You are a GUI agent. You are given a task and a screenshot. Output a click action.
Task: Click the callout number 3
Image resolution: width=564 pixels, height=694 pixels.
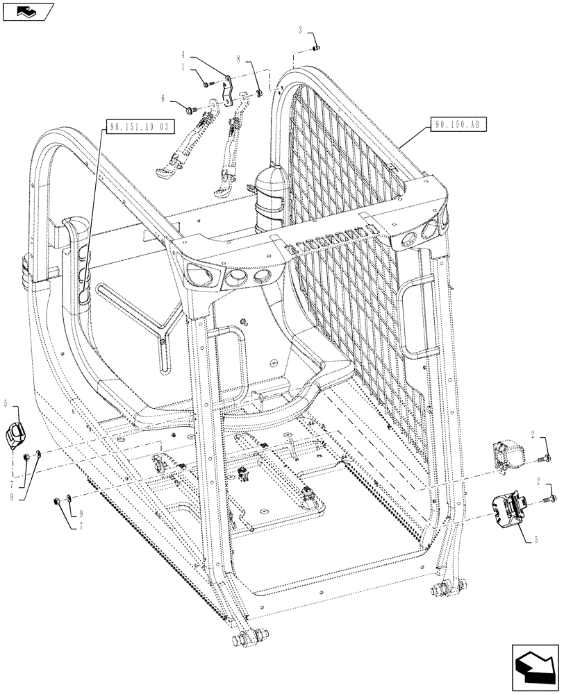point(301,31)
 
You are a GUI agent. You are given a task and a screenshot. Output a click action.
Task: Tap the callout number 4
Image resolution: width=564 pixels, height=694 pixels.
point(183,54)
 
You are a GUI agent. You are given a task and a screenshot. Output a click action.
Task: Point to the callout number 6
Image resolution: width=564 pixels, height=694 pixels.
point(164,99)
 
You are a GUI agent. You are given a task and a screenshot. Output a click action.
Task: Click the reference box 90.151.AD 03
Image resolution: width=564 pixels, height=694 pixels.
point(139,127)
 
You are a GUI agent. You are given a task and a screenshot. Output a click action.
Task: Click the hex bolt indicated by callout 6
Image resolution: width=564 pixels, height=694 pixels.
point(189,109)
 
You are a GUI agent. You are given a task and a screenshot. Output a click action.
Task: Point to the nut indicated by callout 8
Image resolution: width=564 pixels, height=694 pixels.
point(258,93)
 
